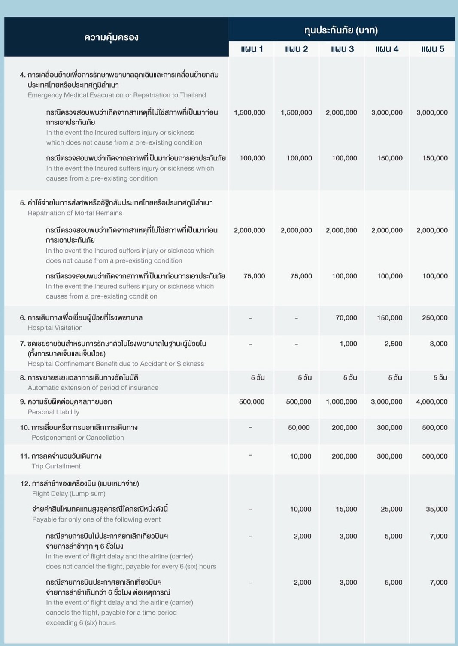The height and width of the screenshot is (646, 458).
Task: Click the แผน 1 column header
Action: pos(252,49)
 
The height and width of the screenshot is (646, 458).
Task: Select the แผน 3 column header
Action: pos(342,49)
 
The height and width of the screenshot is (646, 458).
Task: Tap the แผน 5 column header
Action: pos(433,49)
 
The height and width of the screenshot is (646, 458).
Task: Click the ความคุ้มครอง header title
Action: pos(111,37)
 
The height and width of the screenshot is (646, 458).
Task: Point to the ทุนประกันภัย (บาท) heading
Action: pos(341,30)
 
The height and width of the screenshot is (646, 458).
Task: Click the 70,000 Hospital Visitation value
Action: pos(346,318)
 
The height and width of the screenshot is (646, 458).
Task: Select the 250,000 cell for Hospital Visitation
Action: pos(434,318)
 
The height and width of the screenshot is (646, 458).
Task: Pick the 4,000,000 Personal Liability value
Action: pos(431,402)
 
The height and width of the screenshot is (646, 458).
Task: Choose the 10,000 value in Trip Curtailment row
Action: pos(300,456)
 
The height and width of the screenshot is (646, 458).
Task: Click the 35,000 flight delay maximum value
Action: pos(437,509)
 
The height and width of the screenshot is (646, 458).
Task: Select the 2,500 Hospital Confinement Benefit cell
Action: pos(393,344)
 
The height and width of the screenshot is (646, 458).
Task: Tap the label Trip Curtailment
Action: pos(56,466)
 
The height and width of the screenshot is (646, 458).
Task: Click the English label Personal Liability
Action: pos(54,412)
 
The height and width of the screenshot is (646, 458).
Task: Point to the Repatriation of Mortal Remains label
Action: pos(75,213)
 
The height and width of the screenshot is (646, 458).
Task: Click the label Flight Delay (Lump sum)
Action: pos(69,494)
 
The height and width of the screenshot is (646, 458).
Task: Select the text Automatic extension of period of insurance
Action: pos(93,388)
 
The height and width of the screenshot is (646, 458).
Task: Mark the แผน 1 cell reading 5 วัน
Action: pos(258,378)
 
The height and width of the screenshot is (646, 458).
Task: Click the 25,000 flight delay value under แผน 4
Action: pos(391,509)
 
